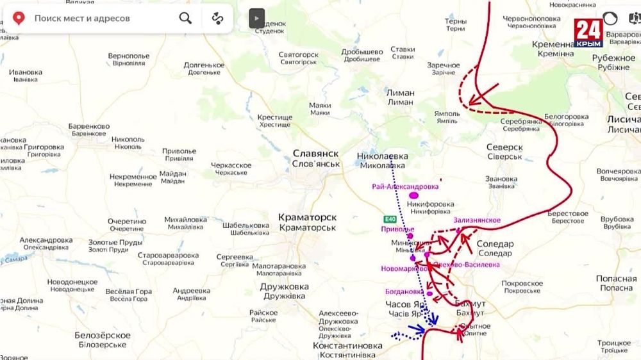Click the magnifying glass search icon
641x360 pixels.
click(x=185, y=18)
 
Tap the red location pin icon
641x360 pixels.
click(x=19, y=18)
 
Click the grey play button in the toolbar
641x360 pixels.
click(x=256, y=19)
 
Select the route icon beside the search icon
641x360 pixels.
click(x=218, y=18)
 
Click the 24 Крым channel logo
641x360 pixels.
click(x=588, y=33)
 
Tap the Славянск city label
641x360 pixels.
click(x=315, y=154)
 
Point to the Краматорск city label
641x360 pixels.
click(x=307, y=218)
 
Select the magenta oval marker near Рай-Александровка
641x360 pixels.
click(x=414, y=195)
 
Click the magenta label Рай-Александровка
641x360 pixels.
click(x=405, y=186)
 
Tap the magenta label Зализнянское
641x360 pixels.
click(x=477, y=220)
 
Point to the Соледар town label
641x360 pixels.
click(x=495, y=244)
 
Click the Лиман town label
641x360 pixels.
click(x=400, y=93)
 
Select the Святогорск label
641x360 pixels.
click(x=299, y=55)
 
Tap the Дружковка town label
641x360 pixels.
click(x=284, y=287)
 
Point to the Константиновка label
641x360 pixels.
click(x=347, y=346)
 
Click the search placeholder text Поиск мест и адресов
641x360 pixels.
click(x=82, y=19)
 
